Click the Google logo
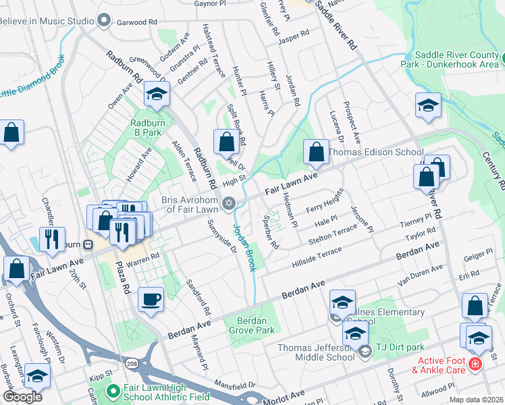[x=22, y=397]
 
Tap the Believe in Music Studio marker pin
[x=103, y=21]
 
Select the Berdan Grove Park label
[x=256, y=325]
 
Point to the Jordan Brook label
[x=244, y=247]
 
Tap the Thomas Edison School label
[x=375, y=153]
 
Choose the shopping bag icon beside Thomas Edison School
[x=316, y=153]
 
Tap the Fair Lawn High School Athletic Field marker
[x=113, y=390]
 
